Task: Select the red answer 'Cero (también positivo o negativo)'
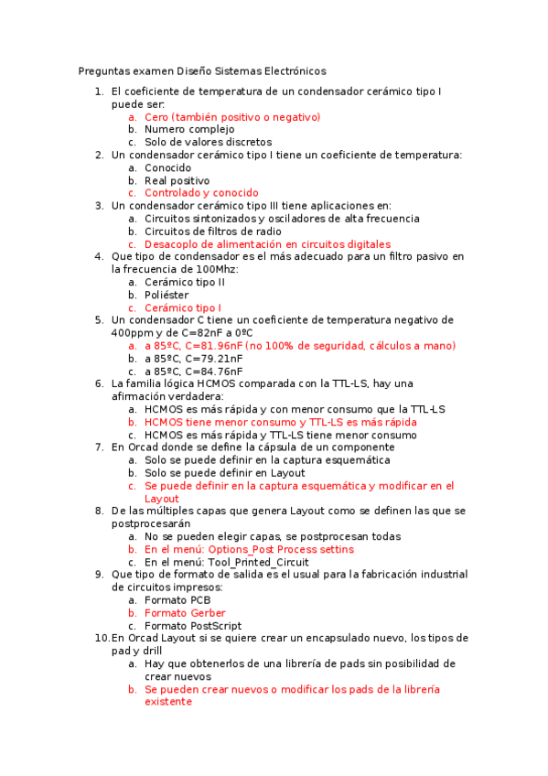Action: pos(232,117)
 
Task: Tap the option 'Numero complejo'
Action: pos(189,130)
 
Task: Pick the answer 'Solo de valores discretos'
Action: pos(208,143)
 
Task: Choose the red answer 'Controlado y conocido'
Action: pos(201,193)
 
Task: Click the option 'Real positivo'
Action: pos(177,181)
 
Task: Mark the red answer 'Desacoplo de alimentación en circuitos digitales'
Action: pos(267,244)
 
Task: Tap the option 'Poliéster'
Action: pos(167,296)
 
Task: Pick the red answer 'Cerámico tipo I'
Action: pos(183,308)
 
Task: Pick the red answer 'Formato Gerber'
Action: pos(185,613)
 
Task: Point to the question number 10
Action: pos(102,638)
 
